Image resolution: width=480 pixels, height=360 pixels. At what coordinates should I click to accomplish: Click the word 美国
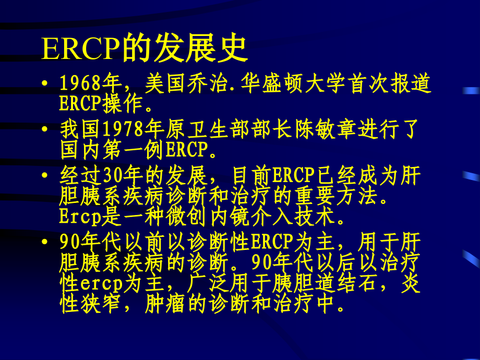pyautogui.click(x=160, y=83)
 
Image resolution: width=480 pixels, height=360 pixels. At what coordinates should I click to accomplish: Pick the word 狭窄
pyautogui.click(x=96, y=305)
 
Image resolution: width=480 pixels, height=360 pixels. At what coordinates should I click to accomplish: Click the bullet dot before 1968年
pyautogui.click(x=47, y=84)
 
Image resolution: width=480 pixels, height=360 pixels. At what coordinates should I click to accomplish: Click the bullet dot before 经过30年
pyautogui.click(x=47, y=175)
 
